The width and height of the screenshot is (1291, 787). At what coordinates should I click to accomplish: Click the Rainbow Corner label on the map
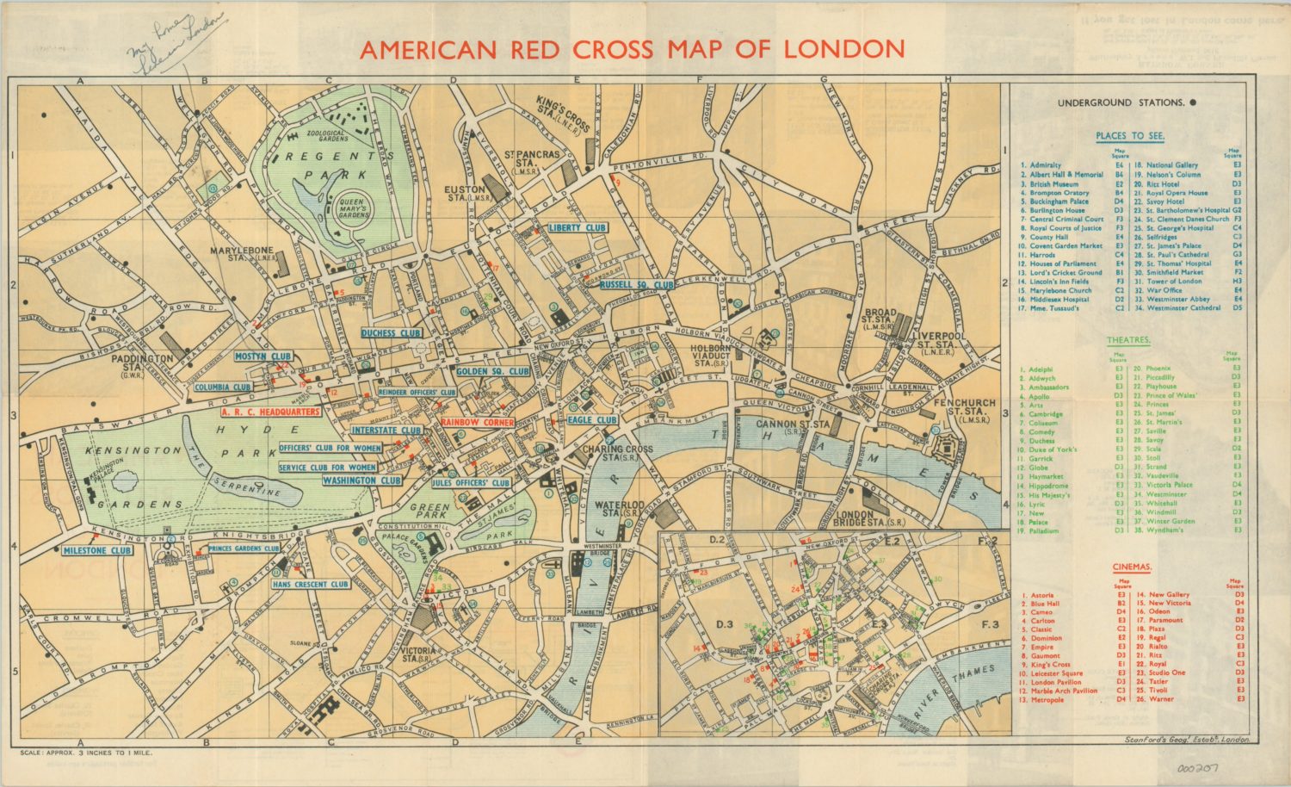tap(478, 422)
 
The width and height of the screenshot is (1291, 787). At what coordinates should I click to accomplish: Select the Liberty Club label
tap(577, 227)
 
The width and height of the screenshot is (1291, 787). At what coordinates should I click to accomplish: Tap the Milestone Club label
tap(97, 550)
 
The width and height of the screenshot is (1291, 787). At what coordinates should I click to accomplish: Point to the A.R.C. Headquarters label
tap(269, 412)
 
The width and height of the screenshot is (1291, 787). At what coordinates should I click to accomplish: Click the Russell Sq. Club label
tap(637, 284)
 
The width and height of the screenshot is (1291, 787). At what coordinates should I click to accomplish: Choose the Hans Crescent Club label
tap(310, 584)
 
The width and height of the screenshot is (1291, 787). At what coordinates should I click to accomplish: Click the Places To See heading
tap(1130, 135)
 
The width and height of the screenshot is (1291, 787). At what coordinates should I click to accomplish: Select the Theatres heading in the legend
tap(1128, 340)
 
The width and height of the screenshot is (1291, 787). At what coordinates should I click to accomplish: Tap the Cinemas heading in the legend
tap(1132, 567)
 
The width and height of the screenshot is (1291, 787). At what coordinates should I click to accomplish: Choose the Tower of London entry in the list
tap(1173, 282)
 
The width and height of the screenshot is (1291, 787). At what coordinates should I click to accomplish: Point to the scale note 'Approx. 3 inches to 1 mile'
tap(86, 753)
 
